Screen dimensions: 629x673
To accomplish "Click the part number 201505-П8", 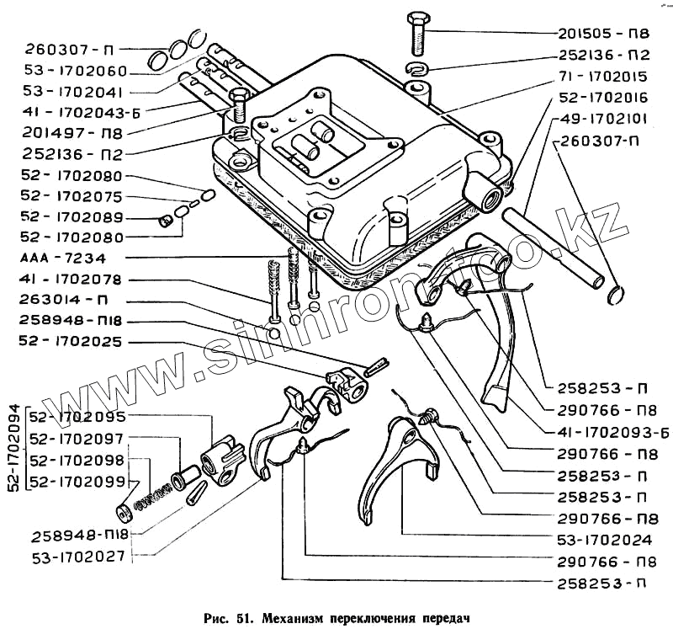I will [x=604, y=35].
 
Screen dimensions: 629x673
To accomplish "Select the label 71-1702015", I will [x=604, y=77].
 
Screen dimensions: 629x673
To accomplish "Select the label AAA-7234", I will [x=67, y=257].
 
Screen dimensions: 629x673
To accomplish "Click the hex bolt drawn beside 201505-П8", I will [x=418, y=34].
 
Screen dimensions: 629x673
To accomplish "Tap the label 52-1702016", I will [x=604, y=98].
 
